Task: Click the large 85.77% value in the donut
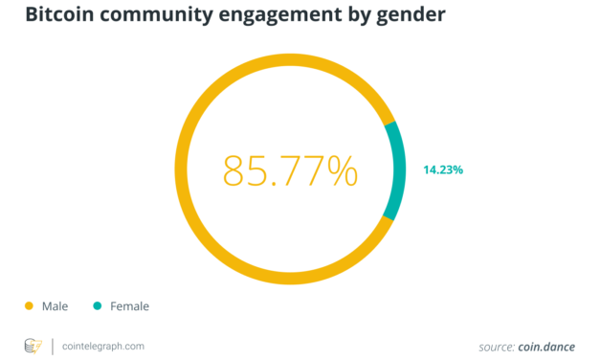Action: coord(290,169)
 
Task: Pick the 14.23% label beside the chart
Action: coord(443,169)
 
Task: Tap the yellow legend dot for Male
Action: coord(29,306)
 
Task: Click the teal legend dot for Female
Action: coord(98,306)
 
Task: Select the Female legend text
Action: coord(129,306)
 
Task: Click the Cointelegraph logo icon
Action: coord(33,345)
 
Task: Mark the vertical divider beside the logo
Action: coord(52,345)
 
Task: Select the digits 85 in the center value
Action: coord(239,169)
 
